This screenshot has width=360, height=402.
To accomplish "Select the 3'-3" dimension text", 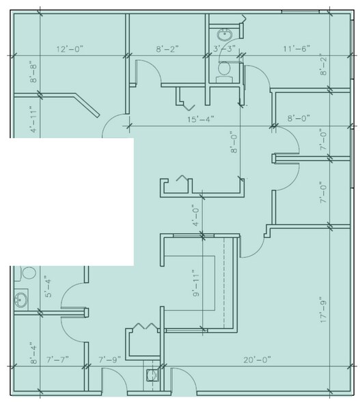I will coord(225,49).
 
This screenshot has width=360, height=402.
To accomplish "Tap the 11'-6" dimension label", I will coord(296,49).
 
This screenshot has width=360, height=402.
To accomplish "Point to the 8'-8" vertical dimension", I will coord(32,72).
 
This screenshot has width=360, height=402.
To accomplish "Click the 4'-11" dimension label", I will coord(32,118).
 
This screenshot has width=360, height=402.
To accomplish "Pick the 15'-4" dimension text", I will coord(202,119).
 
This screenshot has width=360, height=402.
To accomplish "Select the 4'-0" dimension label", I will coord(195,215).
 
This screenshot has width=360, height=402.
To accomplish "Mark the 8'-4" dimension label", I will coord(32,354).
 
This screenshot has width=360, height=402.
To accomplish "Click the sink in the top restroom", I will coord(224,34).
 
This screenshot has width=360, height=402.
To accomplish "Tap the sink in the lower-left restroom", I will coord(22,299).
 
